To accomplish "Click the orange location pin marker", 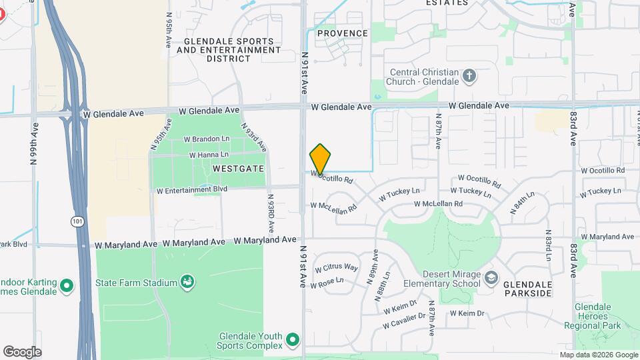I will pyautogui.click(x=320, y=159).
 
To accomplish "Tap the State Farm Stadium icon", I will pyautogui.click(x=188, y=283).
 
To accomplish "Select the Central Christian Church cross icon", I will pyautogui.click(x=469, y=75).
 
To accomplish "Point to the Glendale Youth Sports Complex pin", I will pyautogui.click(x=292, y=341).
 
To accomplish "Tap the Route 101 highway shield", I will pyautogui.click(x=78, y=220).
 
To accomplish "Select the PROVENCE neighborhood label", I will pyautogui.click(x=343, y=33).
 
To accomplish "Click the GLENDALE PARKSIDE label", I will pyautogui.click(x=527, y=288).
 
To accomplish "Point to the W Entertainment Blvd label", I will pyautogui.click(x=191, y=190).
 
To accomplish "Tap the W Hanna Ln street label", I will pyautogui.click(x=209, y=155).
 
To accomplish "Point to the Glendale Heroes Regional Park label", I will pyautogui.click(x=598, y=316).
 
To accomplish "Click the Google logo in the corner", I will pyautogui.click(x=22, y=351).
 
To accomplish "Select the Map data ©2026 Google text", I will pyautogui.click(x=598, y=355).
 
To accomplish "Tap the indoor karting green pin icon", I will pyautogui.click(x=66, y=287).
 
